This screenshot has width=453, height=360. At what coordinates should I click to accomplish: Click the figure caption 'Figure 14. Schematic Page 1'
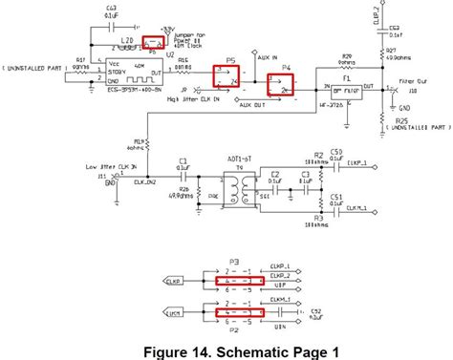(x=226, y=350)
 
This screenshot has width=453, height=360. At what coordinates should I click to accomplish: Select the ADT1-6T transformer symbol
(x=233, y=186)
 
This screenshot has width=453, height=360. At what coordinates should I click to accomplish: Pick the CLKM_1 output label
(x=361, y=208)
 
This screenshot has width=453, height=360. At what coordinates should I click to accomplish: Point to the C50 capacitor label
(x=335, y=153)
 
